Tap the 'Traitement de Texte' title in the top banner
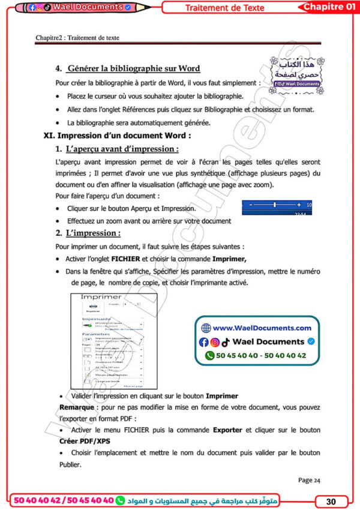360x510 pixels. [x=230, y=8]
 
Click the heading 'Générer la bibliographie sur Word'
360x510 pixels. [x=134, y=68]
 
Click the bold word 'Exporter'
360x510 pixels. [x=227, y=430]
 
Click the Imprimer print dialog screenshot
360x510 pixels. [x=109, y=341]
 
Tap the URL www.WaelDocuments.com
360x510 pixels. [x=262, y=328]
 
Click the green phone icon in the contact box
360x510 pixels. [x=209, y=355]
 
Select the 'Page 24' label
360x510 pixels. [x=309, y=480]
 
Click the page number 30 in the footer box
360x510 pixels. [x=330, y=501]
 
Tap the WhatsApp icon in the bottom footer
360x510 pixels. [x=120, y=500]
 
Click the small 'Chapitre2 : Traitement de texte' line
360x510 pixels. [x=77, y=37]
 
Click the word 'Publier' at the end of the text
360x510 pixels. [x=69, y=464]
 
